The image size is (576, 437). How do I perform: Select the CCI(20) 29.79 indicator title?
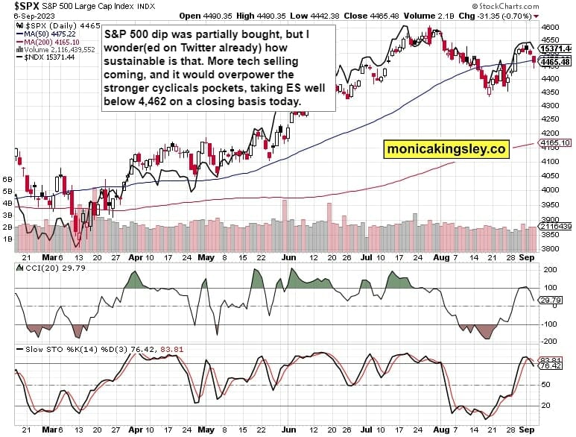[x=40, y=268]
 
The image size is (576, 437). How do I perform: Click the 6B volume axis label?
[x=9, y=180]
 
